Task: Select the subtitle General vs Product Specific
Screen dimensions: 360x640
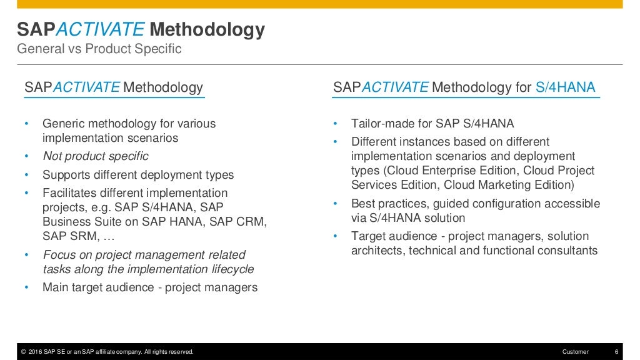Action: click(x=99, y=49)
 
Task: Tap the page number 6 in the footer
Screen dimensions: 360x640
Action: click(x=616, y=352)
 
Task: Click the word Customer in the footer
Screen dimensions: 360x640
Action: click(x=575, y=352)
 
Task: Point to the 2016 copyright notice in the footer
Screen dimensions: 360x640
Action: click(x=107, y=352)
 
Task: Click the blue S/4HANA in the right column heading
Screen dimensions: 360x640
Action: click(x=566, y=87)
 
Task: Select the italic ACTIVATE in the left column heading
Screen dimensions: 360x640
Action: click(x=86, y=87)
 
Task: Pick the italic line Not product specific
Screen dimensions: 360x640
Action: click(x=95, y=156)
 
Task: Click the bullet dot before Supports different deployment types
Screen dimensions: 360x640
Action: click(x=27, y=175)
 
